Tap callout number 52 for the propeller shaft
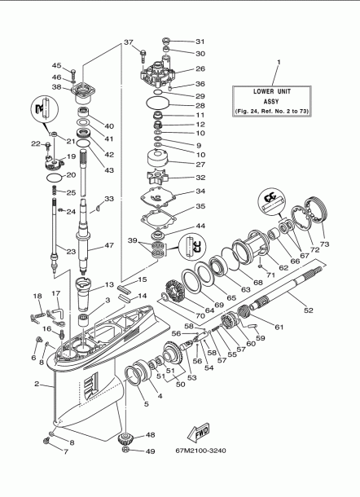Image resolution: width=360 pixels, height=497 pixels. pyautogui.click(x=308, y=309)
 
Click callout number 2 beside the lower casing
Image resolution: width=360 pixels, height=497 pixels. pyautogui.click(x=37, y=383)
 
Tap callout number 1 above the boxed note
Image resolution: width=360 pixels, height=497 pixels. pyautogui.click(x=277, y=62)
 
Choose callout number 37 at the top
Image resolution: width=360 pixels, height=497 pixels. pyautogui.click(x=129, y=42)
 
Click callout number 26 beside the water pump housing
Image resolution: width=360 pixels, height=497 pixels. pyautogui.click(x=200, y=69)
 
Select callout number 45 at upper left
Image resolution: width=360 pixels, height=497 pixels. pyautogui.click(x=57, y=65)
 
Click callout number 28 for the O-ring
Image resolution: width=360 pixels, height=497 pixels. pyautogui.click(x=200, y=106)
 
